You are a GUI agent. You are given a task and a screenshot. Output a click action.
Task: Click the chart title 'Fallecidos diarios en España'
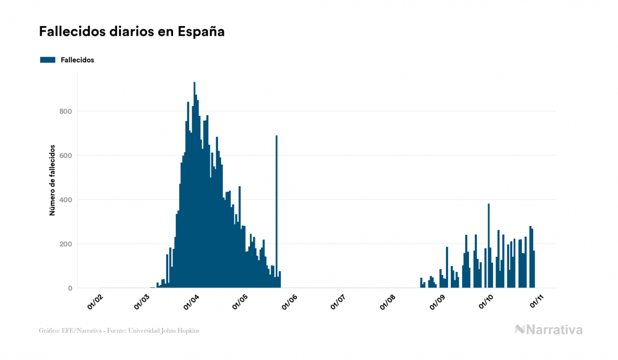click(x=131, y=32)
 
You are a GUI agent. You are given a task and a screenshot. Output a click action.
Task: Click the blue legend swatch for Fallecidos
click(x=48, y=60)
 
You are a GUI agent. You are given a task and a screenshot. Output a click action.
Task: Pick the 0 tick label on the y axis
click(x=69, y=288)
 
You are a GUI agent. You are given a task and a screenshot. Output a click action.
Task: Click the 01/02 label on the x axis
click(x=96, y=302)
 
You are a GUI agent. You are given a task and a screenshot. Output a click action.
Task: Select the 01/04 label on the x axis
click(x=191, y=302)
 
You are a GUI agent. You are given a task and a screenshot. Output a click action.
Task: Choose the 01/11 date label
click(x=536, y=302)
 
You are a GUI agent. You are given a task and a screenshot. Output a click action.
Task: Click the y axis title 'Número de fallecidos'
click(x=52, y=179)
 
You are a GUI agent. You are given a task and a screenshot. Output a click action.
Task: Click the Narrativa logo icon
click(x=520, y=330)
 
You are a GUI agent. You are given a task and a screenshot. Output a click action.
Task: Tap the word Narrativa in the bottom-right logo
click(x=555, y=330)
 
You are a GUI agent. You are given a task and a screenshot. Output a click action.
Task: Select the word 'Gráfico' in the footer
click(x=49, y=331)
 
